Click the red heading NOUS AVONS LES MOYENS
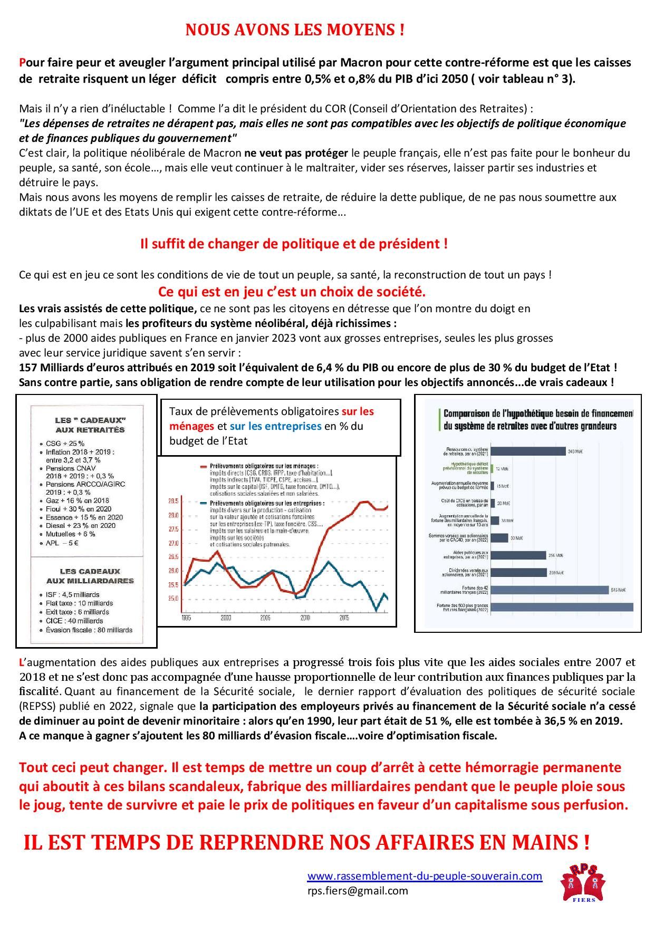(295, 31)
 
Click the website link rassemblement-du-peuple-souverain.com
(425, 876)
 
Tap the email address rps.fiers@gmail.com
(358, 891)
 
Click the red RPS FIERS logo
(583, 883)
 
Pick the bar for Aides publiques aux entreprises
(518, 555)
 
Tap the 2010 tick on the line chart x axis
(305, 618)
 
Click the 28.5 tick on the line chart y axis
(173, 501)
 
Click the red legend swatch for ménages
(205, 467)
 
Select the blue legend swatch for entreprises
(205, 503)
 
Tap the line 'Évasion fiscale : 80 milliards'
(89, 630)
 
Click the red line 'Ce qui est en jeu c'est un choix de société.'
(292, 292)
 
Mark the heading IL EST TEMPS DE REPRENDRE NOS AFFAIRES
(306, 843)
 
